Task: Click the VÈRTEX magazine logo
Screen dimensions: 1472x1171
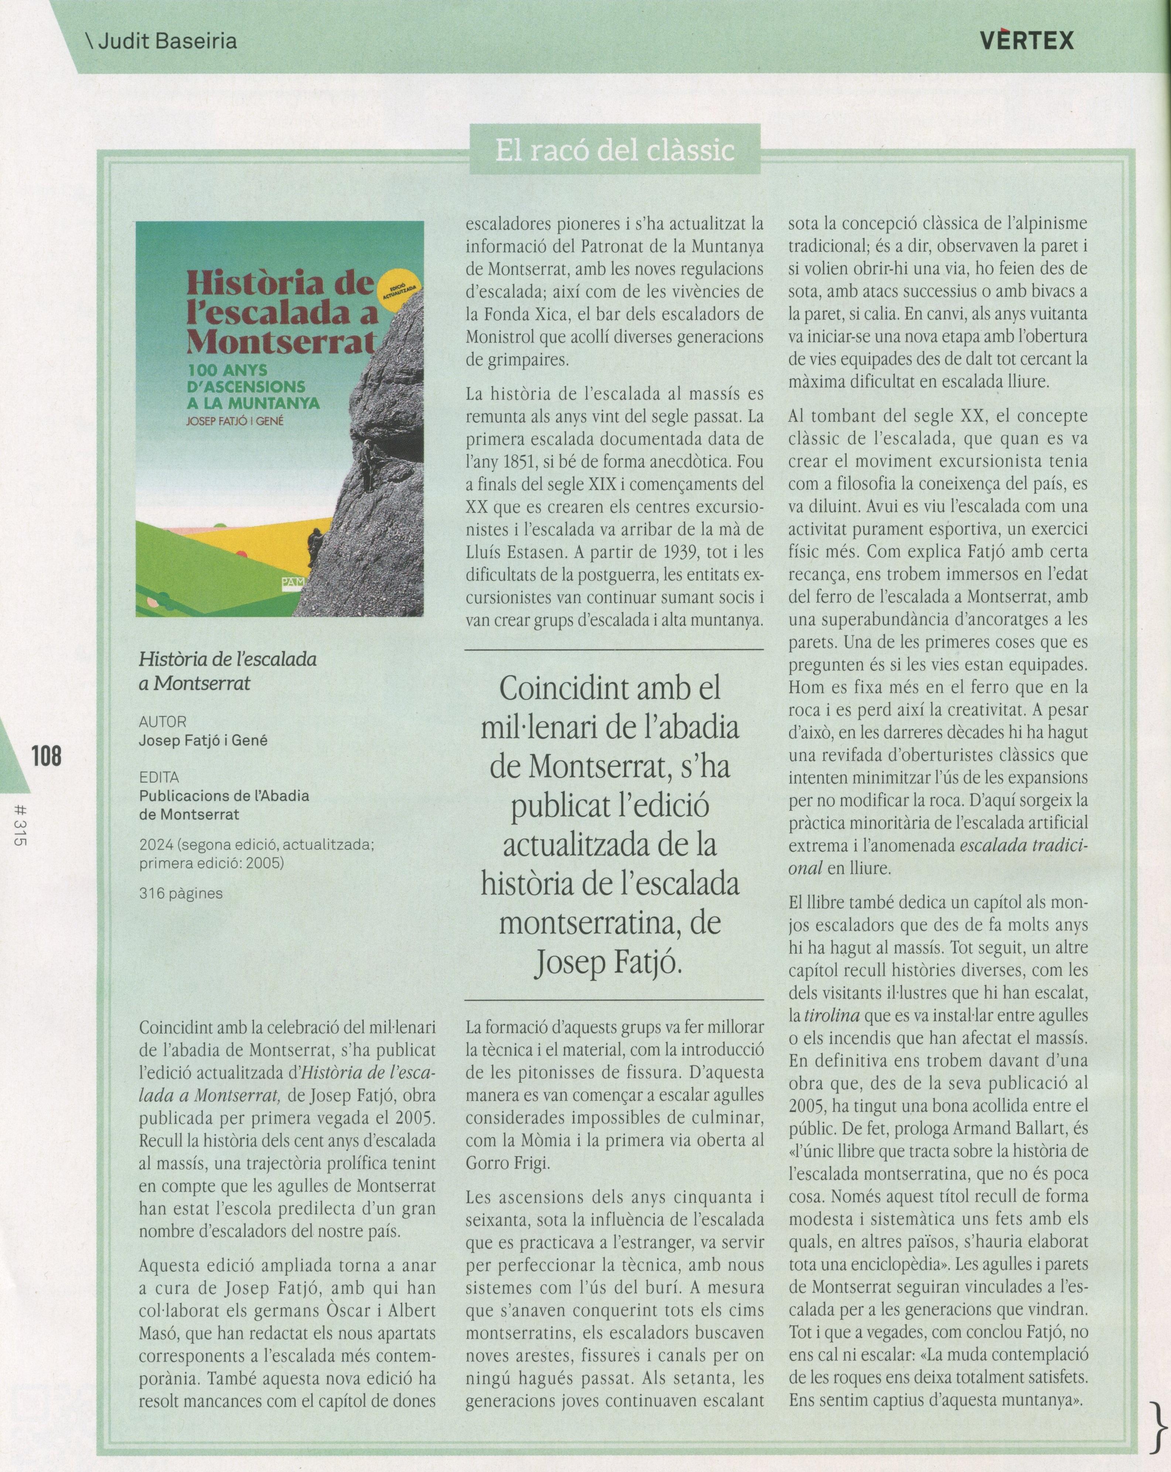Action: tap(1026, 41)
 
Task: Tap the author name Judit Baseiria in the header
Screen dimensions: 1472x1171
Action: tap(163, 41)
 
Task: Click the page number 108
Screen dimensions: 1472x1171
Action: tap(46, 757)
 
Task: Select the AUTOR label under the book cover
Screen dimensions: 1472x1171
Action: tap(163, 722)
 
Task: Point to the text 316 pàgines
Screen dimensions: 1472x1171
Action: tap(181, 893)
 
